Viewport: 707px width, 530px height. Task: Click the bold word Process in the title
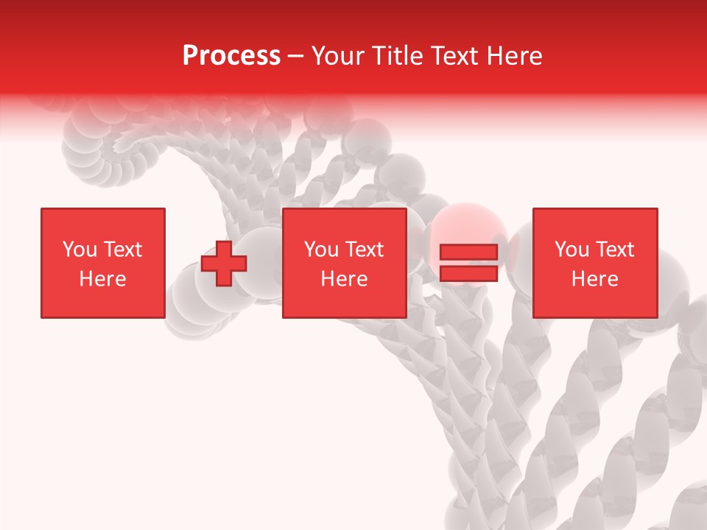231,56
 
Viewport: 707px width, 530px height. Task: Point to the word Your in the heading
337,56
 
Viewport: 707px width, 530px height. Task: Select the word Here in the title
515,56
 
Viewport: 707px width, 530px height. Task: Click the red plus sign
224,264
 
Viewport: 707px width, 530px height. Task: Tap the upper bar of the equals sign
468,252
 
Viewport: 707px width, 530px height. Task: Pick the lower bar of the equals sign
468,273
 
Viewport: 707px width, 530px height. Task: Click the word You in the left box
80,250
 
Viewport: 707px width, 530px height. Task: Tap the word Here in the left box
102,279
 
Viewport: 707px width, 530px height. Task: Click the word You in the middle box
321,250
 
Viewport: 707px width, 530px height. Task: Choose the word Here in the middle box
344,279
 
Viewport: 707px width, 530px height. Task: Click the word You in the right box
571,250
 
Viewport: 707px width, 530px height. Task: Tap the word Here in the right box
594,279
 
